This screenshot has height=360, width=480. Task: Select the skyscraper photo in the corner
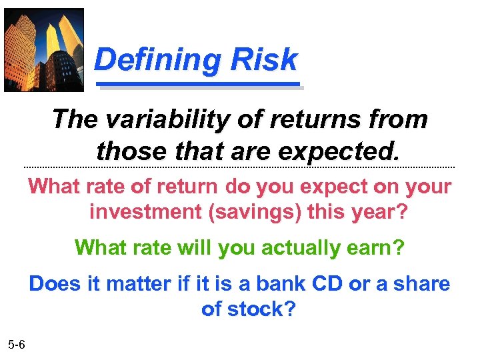tap(44, 50)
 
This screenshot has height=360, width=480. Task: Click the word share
tap(421, 284)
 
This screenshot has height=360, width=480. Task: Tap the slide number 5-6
tap(17, 345)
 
